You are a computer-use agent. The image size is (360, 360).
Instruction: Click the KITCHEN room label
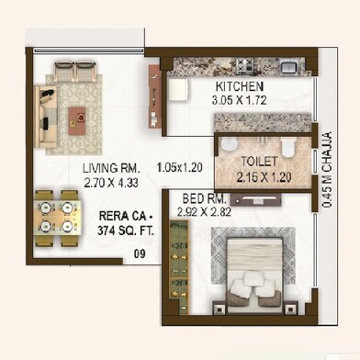(x=240, y=86)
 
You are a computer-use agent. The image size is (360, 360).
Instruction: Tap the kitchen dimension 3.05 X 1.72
(x=239, y=100)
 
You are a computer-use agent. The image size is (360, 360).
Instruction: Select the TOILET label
(x=259, y=162)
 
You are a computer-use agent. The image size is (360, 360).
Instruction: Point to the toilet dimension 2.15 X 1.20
(x=264, y=177)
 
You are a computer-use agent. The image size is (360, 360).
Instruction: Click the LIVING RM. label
(x=111, y=168)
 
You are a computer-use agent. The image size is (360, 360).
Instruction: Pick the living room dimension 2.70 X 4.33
(x=111, y=183)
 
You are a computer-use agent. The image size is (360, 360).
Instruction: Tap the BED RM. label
(x=204, y=199)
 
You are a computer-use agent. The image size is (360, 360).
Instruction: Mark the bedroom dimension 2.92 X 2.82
(x=204, y=212)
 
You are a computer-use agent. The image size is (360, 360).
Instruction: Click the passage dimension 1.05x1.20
(x=180, y=167)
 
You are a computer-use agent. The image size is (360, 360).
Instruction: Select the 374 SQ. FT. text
(x=126, y=231)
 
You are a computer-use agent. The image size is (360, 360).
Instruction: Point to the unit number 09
(x=140, y=253)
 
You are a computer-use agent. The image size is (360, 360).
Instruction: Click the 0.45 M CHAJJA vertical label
(x=327, y=170)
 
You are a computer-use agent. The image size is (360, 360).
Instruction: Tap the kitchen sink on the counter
(x=289, y=66)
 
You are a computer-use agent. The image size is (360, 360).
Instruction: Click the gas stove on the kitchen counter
(x=245, y=66)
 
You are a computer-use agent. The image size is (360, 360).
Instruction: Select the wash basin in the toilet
(x=229, y=144)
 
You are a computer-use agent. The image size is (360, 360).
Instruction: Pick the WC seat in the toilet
(x=287, y=147)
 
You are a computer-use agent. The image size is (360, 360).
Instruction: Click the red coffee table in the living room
(x=77, y=121)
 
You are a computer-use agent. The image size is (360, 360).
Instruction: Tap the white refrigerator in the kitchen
(x=177, y=89)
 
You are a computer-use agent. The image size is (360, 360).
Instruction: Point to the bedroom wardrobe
(x=178, y=266)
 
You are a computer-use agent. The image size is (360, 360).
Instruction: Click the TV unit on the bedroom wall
(x=255, y=200)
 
